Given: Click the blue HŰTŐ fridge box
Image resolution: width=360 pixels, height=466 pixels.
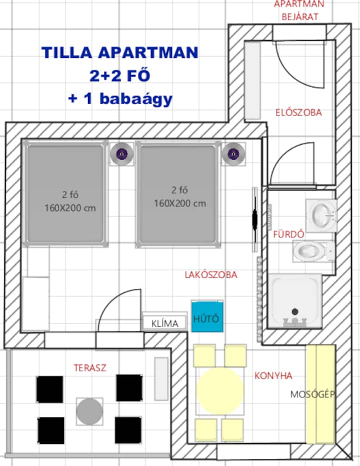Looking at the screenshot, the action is tap(207, 316).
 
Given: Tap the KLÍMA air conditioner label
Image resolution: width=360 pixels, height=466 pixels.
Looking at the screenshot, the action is tap(164, 323).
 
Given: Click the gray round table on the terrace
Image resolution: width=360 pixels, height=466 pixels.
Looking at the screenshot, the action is tap(89, 411).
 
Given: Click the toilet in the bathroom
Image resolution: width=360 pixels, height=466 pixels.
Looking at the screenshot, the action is tap(313, 251).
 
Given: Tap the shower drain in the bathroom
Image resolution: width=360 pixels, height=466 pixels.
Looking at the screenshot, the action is tap(295, 311).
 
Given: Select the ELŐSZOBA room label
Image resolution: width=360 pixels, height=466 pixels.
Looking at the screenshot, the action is tap(298, 112).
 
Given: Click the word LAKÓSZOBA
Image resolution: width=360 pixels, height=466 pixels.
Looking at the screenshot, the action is tap(211, 275).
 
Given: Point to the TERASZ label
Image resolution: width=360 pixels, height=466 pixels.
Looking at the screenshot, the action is tap(90, 368).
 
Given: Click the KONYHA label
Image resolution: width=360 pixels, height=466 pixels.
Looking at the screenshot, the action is tap(273, 375).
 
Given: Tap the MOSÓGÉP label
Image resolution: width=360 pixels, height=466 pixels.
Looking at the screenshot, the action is tap(312, 394).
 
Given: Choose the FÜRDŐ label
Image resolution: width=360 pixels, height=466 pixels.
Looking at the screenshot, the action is tap(289, 234).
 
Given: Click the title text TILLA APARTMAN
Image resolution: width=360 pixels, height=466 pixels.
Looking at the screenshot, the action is tap(120, 53).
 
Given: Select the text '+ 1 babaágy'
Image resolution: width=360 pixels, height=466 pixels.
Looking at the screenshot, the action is tap(120, 99).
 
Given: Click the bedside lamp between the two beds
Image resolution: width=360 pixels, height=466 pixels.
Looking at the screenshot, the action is tap(121, 154).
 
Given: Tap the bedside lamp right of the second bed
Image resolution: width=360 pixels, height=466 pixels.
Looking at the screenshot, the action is tap(233, 154).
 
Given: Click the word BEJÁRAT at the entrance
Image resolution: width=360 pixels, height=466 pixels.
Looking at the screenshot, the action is tap(300, 17).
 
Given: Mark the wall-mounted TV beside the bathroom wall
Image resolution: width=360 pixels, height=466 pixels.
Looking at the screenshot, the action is tap(254, 220).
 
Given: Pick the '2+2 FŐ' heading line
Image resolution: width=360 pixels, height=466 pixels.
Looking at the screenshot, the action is tap(120, 76).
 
